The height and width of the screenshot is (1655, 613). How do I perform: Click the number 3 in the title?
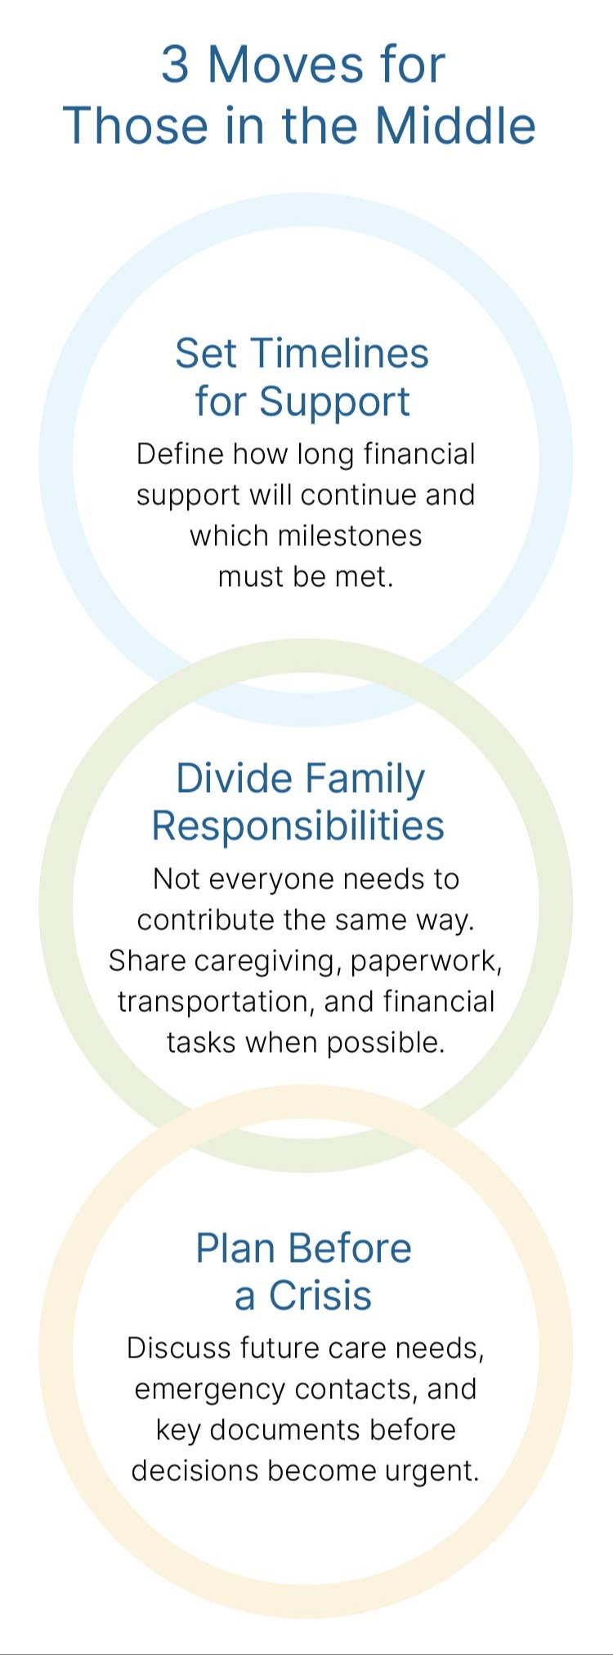[x=175, y=65]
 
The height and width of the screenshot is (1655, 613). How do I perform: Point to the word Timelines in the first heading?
[x=339, y=353]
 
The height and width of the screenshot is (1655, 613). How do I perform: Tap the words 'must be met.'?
[x=306, y=576]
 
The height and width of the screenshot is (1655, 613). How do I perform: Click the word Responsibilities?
[x=298, y=825]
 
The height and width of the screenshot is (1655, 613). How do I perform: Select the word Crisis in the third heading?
[x=320, y=1295]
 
